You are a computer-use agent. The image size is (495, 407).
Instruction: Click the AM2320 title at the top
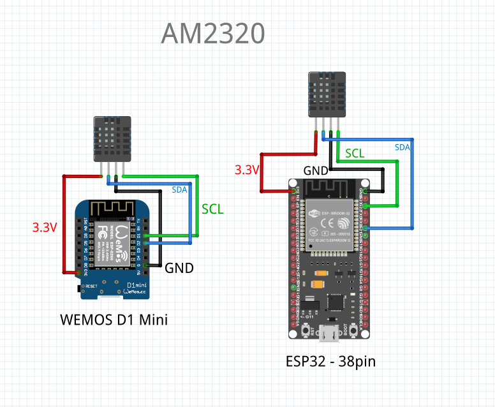(212, 33)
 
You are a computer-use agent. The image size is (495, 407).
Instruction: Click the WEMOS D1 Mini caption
(114, 320)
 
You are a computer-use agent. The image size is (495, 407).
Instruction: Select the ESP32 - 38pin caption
(330, 361)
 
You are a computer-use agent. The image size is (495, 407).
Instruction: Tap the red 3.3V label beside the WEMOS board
(45, 226)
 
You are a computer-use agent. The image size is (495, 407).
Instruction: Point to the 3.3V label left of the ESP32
(247, 170)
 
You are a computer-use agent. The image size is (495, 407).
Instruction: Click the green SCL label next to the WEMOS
(212, 209)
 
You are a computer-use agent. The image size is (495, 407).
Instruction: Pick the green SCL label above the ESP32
(355, 153)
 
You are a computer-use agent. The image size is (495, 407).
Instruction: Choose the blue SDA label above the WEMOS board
(180, 189)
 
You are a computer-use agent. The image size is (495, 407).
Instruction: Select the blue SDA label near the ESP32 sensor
(402, 147)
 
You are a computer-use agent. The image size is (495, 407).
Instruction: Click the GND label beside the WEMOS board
(179, 268)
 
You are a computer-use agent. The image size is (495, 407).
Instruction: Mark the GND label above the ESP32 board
(316, 171)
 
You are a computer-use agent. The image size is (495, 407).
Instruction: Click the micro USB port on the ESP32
(329, 333)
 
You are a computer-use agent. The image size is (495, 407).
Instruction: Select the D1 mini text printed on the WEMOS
(138, 284)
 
